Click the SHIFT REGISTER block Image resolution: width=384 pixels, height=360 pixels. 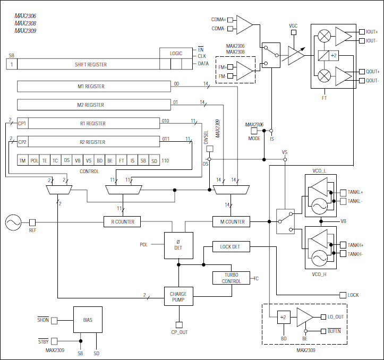[90, 64]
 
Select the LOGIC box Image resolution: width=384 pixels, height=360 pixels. [176, 53]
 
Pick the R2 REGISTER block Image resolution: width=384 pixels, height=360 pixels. [92, 142]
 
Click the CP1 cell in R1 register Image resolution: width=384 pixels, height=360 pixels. [22, 123]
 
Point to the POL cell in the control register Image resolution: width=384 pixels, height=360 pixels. [34, 160]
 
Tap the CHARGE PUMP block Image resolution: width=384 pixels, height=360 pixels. [178, 297]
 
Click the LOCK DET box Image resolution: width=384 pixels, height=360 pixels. [230, 247]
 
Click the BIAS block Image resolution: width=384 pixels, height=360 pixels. [88, 320]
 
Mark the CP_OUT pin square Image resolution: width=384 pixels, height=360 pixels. [178, 324]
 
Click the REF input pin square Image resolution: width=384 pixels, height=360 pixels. [32, 222]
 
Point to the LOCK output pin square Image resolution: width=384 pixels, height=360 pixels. [342, 295]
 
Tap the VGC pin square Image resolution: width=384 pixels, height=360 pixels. [293, 32]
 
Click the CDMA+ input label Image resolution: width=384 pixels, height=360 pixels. [218, 20]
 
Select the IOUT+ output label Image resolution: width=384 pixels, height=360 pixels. [372, 32]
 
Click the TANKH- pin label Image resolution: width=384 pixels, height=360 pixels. [355, 254]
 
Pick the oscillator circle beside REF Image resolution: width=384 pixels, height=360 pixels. [14, 222]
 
